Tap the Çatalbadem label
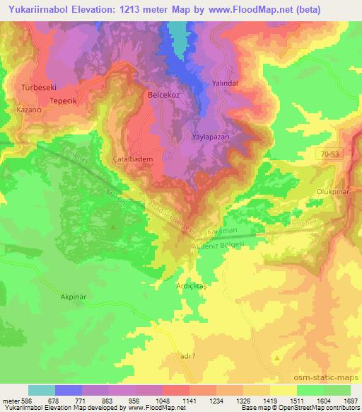point(134,160)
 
